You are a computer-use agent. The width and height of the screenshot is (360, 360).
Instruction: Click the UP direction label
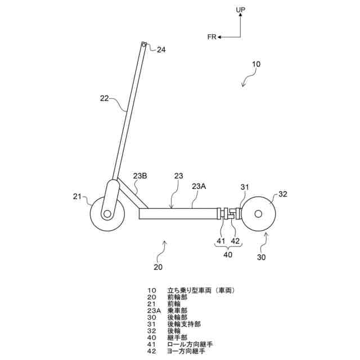[241, 10]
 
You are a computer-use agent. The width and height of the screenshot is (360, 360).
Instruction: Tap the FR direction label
[211, 37]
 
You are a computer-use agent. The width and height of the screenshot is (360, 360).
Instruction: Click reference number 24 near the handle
[161, 50]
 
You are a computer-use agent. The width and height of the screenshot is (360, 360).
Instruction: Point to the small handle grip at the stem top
[145, 45]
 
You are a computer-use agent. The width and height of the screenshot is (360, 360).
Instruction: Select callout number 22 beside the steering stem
[105, 98]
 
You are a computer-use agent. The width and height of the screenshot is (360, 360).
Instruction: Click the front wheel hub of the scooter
[107, 214]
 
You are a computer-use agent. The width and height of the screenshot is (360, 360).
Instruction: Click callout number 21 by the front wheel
[77, 196]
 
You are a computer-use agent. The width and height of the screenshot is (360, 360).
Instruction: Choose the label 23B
[140, 175]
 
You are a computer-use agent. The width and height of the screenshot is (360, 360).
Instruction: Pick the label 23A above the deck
[199, 186]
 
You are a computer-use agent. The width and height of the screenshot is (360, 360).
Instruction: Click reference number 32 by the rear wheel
[282, 194]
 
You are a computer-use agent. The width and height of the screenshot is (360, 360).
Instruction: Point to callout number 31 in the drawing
[245, 187]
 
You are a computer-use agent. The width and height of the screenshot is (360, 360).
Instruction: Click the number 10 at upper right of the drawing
[255, 65]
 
